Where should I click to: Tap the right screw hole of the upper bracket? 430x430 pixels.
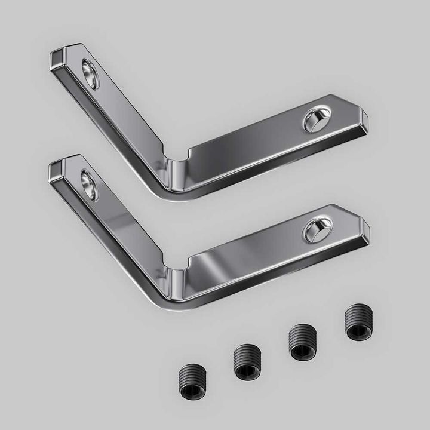[315, 120]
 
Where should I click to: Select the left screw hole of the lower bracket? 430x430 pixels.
[89, 185]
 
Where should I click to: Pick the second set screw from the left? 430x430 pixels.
[245, 361]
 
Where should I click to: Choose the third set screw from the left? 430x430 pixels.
[302, 342]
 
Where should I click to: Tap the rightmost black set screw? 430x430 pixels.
[357, 324]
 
